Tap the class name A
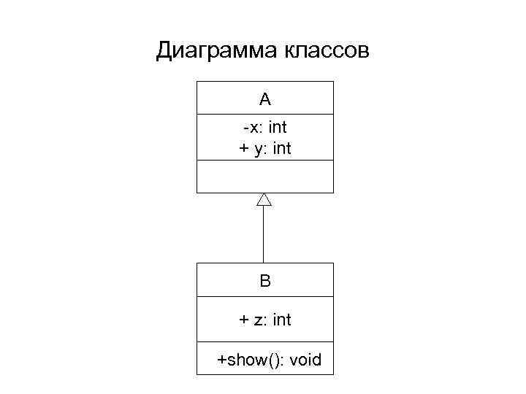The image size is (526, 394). click(264, 98)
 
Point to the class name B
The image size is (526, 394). click(264, 280)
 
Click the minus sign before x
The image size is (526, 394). click(246, 128)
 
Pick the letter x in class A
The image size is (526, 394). click(253, 128)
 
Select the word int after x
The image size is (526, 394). click(278, 128)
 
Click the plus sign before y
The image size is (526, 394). click(244, 149)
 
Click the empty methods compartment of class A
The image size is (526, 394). click(264, 176)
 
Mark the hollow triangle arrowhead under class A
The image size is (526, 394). click(264, 199)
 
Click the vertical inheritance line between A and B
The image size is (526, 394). click(264, 233)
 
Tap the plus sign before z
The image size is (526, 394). click(244, 320)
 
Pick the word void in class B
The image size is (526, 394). click(305, 360)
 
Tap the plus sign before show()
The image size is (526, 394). click(221, 360)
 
